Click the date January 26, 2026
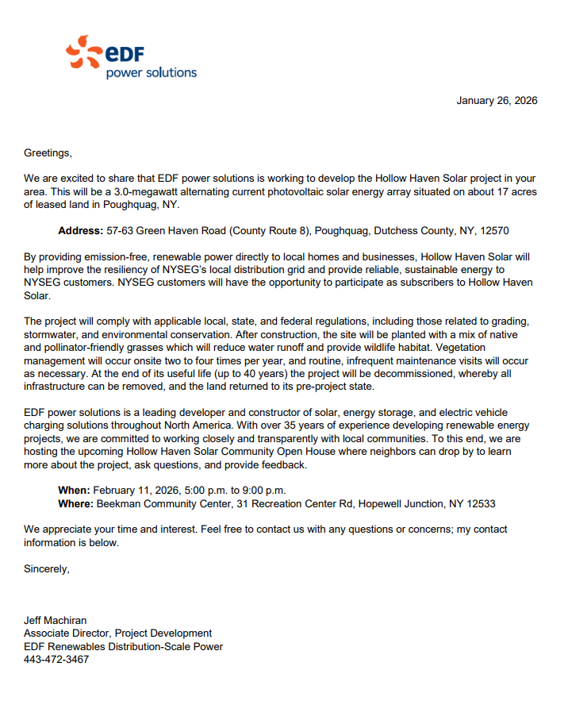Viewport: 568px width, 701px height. point(497,101)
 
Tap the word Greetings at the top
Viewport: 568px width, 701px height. point(47,152)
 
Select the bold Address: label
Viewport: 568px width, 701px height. point(80,231)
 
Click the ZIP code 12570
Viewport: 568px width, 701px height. point(493,231)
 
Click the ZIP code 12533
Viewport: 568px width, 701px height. point(480,503)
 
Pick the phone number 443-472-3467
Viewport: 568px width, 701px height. point(56,660)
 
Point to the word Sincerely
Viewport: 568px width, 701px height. point(47,568)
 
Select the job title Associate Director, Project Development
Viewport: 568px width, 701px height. point(117,634)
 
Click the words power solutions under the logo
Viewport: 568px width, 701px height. point(151,73)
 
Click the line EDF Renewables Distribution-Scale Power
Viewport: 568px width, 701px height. point(123,646)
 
